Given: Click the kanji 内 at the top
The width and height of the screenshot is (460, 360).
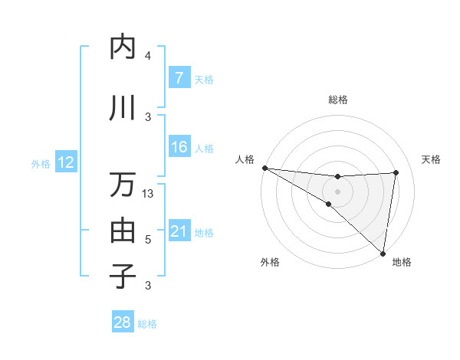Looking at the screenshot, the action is point(123,47).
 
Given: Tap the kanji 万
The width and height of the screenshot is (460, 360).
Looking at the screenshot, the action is point(123,185).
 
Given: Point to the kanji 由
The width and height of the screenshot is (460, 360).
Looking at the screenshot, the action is point(123,230).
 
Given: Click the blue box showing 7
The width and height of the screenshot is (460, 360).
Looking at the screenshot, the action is point(179,78).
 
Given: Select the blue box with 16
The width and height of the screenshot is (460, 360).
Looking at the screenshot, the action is point(179,147).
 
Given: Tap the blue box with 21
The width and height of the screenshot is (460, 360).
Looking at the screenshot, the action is point(179,231).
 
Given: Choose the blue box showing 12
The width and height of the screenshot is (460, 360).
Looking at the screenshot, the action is point(65,162).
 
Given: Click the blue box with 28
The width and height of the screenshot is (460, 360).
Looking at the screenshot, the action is point(123,323).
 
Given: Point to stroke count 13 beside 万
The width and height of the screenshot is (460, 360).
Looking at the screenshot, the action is point(149,194).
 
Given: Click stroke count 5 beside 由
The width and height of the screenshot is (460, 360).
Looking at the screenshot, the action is point(148,240).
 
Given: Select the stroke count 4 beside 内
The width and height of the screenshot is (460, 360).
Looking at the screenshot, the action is point(148,56).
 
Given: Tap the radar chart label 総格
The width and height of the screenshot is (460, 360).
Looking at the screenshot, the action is point(338,100).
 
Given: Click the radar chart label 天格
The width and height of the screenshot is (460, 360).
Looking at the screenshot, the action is point(431,159).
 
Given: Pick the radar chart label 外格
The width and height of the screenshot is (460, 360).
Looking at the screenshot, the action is point(269,262).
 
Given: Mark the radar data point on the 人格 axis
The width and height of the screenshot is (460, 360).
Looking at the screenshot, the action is point(264,168).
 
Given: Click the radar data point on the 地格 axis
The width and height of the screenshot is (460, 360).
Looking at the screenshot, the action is point(383,252).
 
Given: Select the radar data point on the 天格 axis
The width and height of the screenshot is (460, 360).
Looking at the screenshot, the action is point(396,172).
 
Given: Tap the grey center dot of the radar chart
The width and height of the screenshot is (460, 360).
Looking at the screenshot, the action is point(338,190).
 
